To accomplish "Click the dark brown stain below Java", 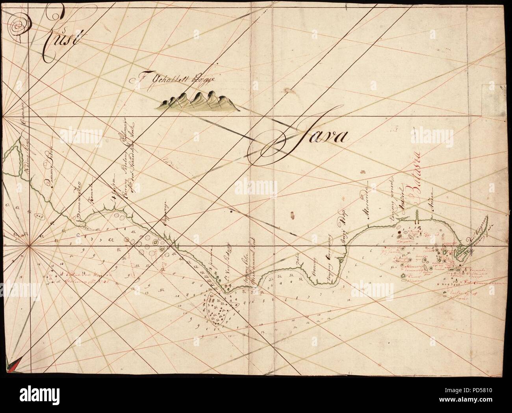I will click(292, 215).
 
